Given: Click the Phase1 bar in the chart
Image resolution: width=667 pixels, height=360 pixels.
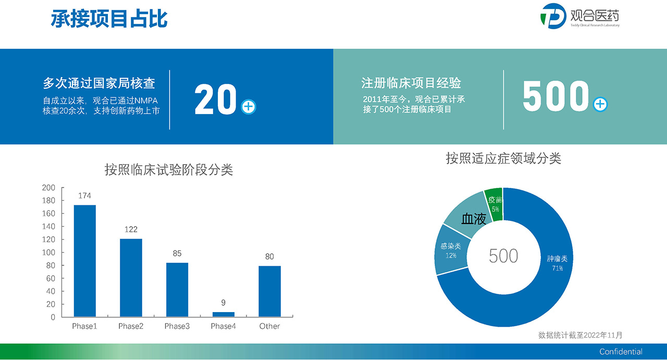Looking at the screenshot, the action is point(85,261).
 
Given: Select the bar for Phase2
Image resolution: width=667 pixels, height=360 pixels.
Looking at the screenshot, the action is point(131,278).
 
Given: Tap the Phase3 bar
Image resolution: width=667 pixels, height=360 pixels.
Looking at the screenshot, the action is point(177,290).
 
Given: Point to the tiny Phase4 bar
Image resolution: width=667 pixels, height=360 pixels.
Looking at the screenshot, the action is point(224,314).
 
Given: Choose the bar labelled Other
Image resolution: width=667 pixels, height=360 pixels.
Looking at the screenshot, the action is point(269,291).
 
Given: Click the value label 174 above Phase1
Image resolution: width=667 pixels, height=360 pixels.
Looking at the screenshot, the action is point(84,196).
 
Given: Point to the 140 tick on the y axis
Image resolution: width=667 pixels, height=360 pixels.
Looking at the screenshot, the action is point(48,227).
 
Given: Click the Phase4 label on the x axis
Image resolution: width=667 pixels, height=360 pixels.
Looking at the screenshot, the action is point(224,326).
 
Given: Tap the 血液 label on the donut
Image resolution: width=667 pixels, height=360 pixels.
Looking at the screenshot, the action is point(474,219).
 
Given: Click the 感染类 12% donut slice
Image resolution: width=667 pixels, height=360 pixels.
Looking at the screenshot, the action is point(451,250).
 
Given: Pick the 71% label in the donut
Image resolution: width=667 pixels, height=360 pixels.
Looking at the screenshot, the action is point(558,268).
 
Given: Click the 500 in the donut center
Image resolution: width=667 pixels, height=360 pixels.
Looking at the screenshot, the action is point(503,256).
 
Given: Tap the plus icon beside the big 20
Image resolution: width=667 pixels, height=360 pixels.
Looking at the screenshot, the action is point(249,107).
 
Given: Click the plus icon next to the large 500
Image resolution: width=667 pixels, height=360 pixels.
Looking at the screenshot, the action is point(600,104).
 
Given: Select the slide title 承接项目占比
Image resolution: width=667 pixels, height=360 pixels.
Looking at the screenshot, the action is point(109,18).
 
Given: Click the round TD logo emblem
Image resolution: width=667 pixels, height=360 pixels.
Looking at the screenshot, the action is point(553,16).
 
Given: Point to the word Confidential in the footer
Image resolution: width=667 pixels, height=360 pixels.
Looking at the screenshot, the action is point(621,352).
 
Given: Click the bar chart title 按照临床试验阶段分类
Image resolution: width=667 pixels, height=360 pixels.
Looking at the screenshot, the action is point(168,170).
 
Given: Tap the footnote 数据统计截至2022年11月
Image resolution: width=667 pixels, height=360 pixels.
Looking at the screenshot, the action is point(580,336).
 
